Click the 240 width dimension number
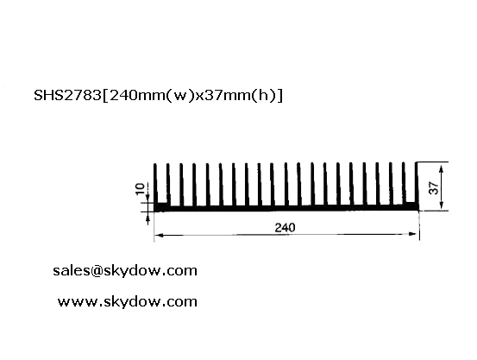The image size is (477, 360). click(x=285, y=228)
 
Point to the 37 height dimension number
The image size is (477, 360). click(x=434, y=187)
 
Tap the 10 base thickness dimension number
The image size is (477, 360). click(x=140, y=189)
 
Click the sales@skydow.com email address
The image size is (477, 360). click(x=125, y=271)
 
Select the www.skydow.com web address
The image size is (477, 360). click(x=128, y=302)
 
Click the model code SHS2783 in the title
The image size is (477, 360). click(x=67, y=95)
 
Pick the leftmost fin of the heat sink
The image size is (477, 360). click(x=155, y=184)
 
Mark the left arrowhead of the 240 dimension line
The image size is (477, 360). click(x=159, y=235)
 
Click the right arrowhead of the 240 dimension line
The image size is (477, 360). click(x=413, y=234)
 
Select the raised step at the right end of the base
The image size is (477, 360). click(x=411, y=205)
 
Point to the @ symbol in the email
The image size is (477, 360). click(x=97, y=271)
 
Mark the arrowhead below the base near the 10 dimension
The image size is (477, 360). click(x=147, y=219)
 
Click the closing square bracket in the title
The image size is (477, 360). click(x=279, y=96)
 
